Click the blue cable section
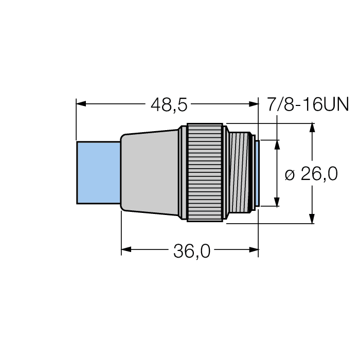pos(98,172)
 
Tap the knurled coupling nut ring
pos(206,172)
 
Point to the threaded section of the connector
pos(240,172)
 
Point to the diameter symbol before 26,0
pos(290,175)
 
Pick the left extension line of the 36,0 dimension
pos(121,231)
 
